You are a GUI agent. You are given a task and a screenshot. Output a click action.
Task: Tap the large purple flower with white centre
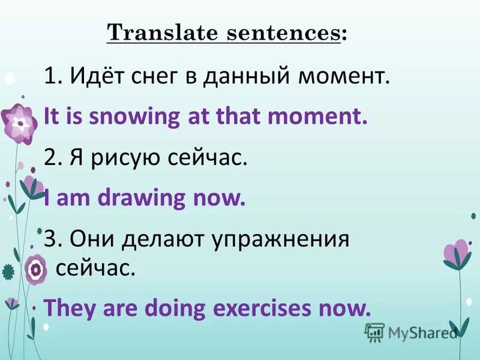20,123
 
